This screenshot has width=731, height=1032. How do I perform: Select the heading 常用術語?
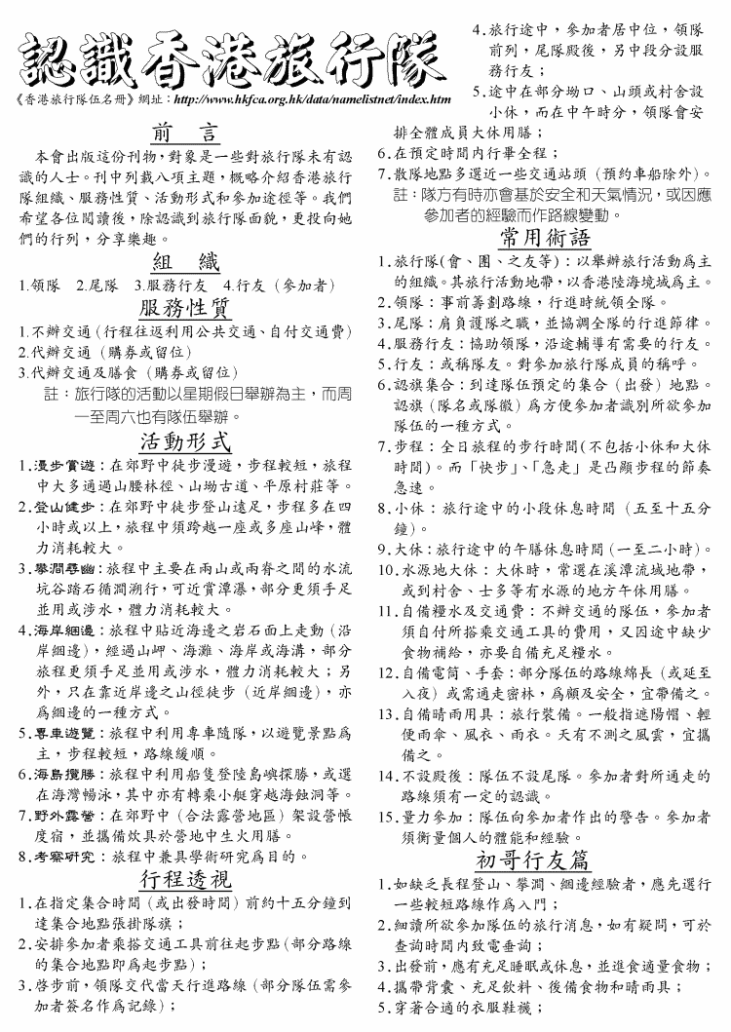(x=545, y=238)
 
